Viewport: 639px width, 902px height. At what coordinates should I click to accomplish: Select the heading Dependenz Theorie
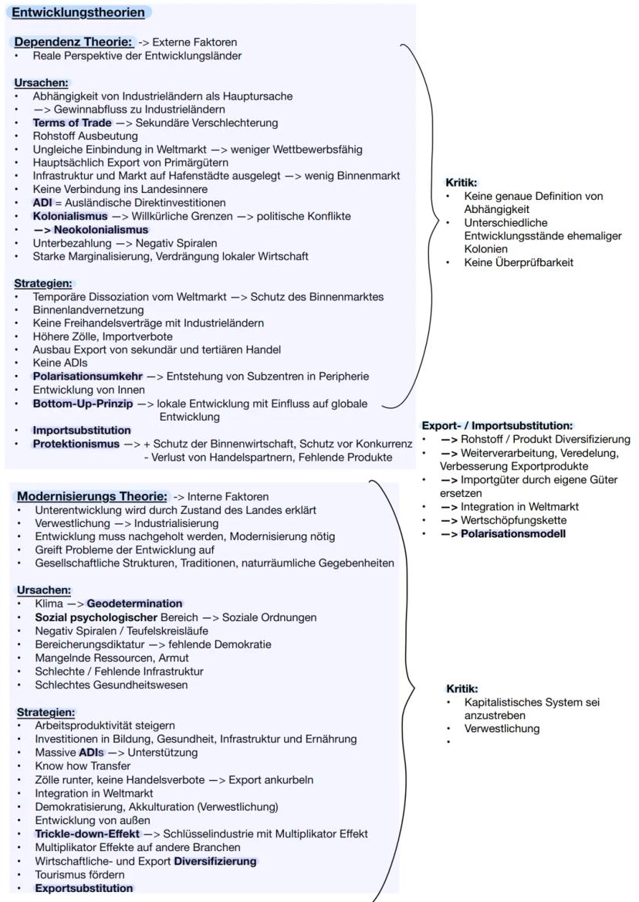74,42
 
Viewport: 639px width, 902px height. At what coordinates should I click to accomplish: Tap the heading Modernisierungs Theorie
92,496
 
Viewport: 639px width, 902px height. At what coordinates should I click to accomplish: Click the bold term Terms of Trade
72,123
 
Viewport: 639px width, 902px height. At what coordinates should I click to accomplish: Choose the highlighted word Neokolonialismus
100,230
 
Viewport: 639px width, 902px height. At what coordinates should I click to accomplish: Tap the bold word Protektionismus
76,444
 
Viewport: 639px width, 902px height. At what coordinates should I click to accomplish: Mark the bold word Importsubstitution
82,430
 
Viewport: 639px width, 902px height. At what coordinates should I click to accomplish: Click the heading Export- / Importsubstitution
496,425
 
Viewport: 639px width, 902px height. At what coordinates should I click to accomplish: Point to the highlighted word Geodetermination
134,603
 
